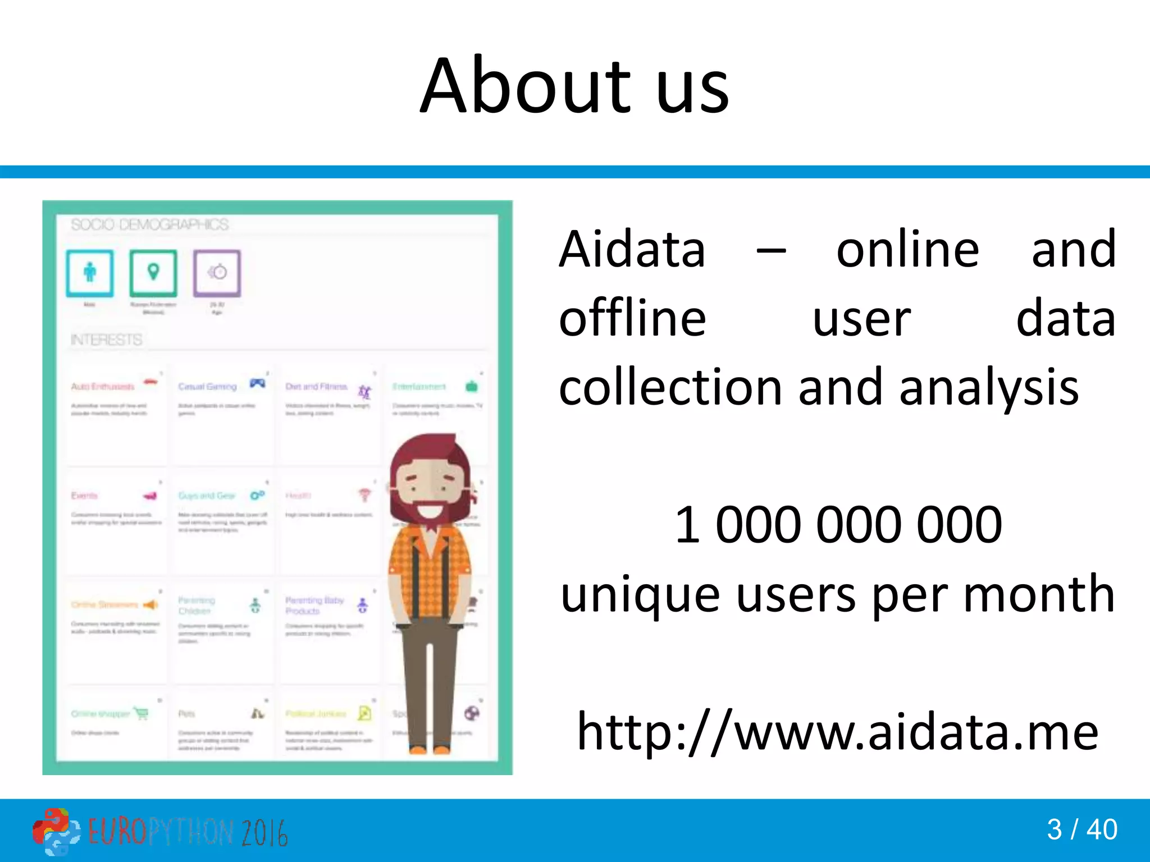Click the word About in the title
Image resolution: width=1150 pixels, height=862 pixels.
coord(525,87)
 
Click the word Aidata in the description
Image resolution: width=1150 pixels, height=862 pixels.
coord(632,250)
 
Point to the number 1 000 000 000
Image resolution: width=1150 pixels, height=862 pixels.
coord(838,525)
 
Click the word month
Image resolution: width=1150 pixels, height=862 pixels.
coord(1039,595)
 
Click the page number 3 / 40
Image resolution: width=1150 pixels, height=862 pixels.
coord(1081,829)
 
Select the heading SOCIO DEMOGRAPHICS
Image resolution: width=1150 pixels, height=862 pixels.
coord(149,225)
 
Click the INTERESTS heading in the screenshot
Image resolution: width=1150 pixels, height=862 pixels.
coord(107,340)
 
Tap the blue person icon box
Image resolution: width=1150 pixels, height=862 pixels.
coord(90,273)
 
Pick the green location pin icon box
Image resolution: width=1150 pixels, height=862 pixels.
coord(153,273)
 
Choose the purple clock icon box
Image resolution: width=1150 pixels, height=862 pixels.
coord(217,273)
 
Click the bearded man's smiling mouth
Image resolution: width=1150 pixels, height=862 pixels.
coord(430,512)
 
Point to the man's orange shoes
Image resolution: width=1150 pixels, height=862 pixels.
coord(430,749)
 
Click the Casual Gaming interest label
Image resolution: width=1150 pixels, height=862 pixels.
coord(207,387)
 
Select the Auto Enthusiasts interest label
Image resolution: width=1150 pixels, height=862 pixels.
coord(103,387)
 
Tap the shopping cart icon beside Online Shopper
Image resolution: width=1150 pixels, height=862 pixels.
coord(142,713)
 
